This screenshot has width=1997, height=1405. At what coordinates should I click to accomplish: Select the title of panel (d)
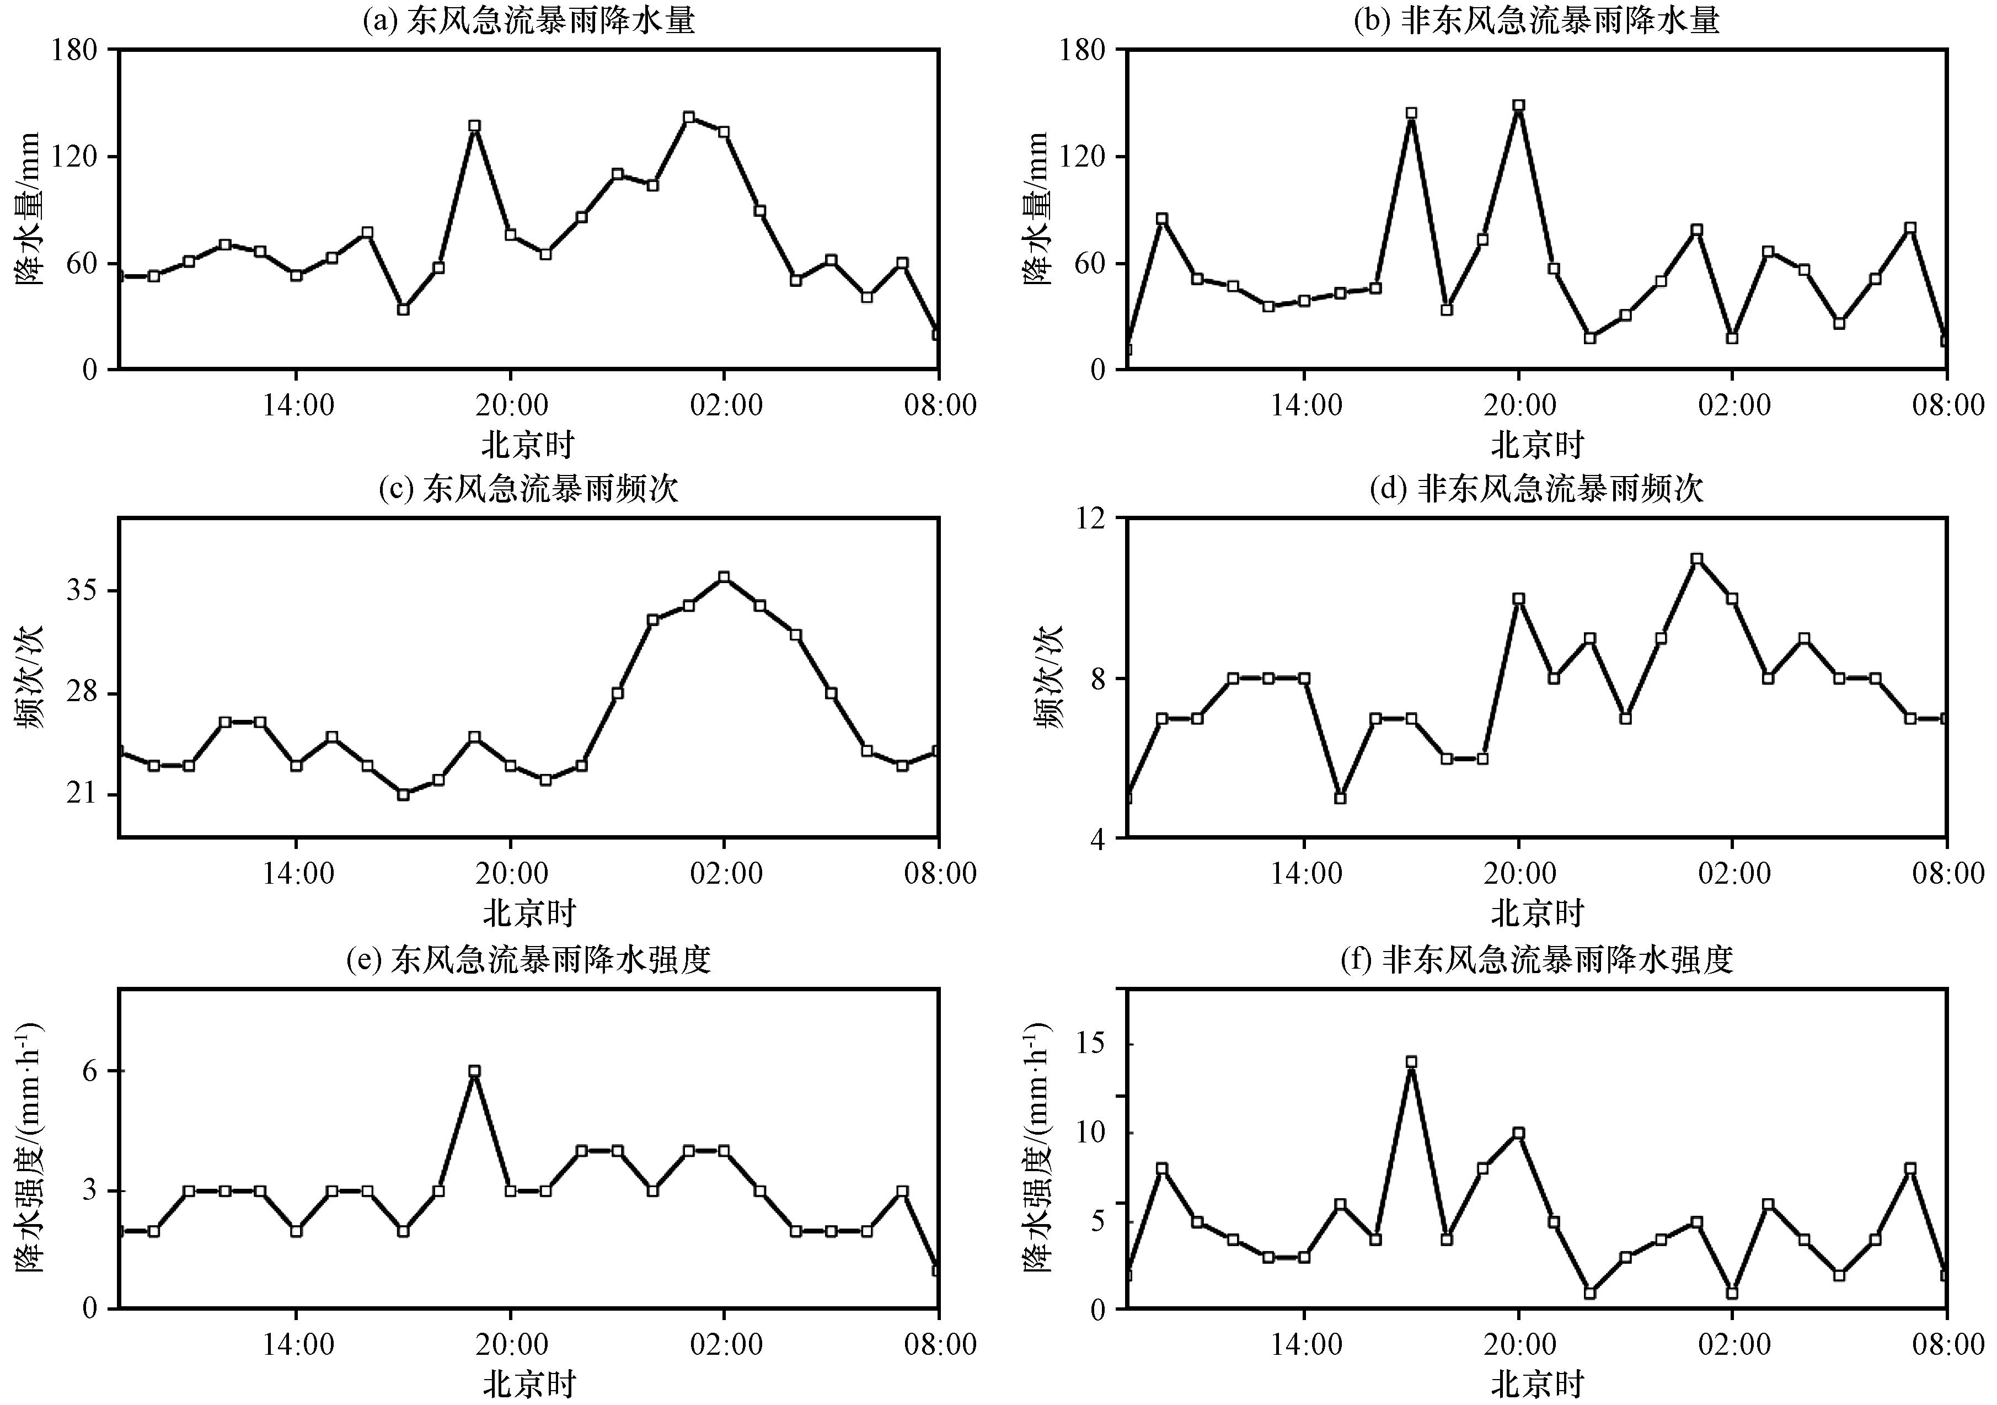(1536, 489)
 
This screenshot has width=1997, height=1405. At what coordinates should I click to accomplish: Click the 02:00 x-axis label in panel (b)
(1733, 405)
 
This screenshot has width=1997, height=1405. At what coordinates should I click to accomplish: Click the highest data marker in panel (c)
(724, 577)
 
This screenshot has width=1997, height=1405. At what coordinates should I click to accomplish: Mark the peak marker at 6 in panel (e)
(474, 1072)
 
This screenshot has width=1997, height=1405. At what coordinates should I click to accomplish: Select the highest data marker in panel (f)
(1412, 1062)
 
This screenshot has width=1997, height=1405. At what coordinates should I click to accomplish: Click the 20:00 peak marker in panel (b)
(1519, 105)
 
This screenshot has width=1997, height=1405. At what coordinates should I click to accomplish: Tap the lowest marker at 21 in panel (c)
(403, 794)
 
